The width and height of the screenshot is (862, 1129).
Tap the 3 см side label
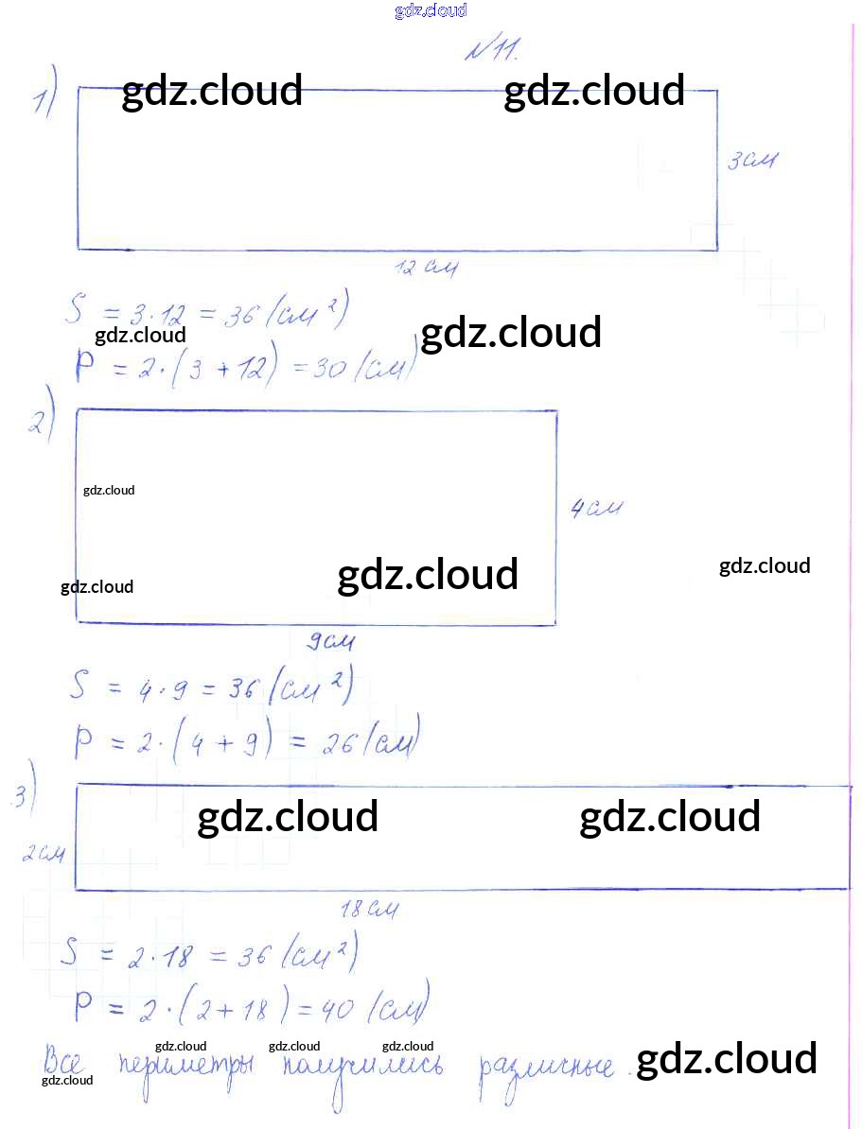click(x=751, y=162)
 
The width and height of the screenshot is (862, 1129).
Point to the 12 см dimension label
click(x=427, y=269)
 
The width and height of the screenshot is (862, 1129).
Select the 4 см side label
click(x=596, y=509)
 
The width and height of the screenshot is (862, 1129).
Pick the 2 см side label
click(x=44, y=854)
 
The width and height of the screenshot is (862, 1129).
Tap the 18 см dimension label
click(x=368, y=911)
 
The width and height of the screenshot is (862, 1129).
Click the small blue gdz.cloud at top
click(x=431, y=11)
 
